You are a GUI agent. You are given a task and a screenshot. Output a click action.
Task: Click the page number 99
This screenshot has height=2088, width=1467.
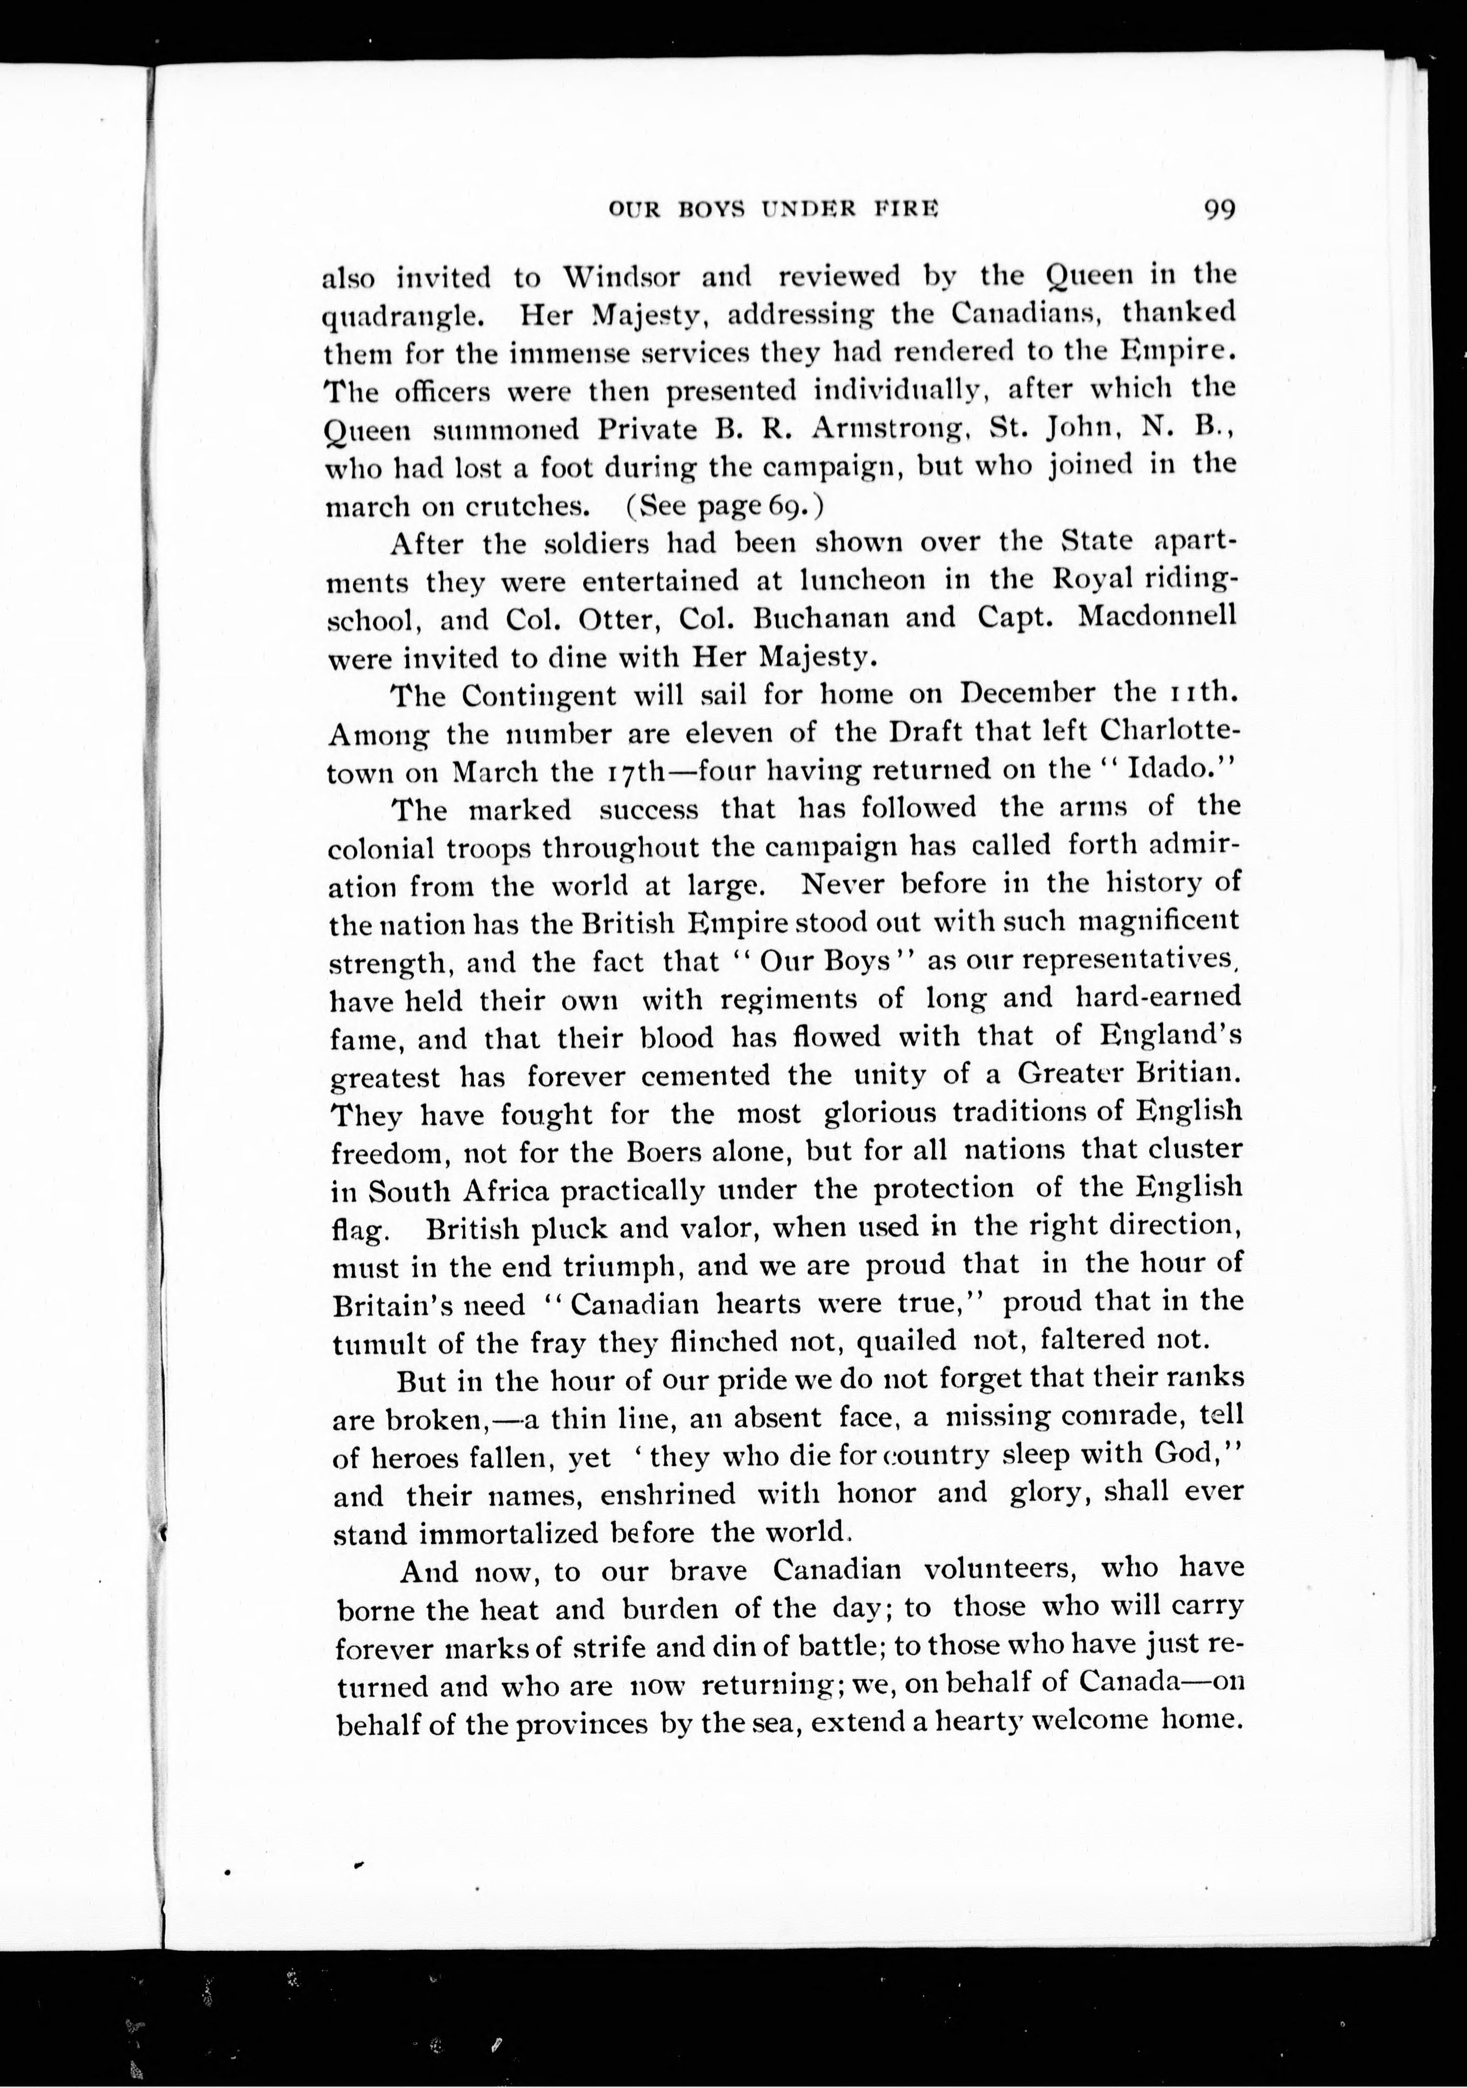click(1218, 210)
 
